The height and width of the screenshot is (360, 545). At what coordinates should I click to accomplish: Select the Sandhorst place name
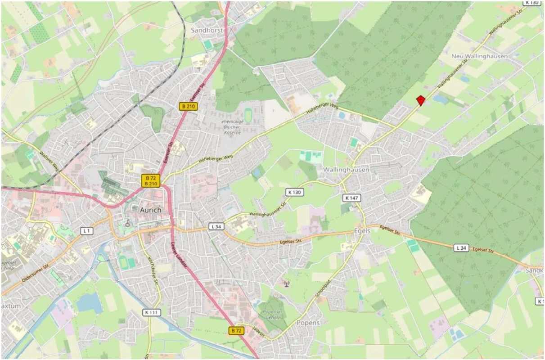207,30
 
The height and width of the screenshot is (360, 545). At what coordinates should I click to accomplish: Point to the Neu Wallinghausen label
479,56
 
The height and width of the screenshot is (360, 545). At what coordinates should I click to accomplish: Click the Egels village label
362,230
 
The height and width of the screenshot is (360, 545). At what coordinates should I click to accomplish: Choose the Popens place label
308,323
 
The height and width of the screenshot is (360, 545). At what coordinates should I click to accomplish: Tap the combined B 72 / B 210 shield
151,180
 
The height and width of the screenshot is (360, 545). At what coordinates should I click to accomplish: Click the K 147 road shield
351,198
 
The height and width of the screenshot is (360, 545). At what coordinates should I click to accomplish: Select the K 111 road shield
152,312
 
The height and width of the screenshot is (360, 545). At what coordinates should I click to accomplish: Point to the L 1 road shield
87,231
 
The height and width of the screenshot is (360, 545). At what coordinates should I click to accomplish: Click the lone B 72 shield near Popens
236,331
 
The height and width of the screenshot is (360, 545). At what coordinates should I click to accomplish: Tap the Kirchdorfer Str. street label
153,270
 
